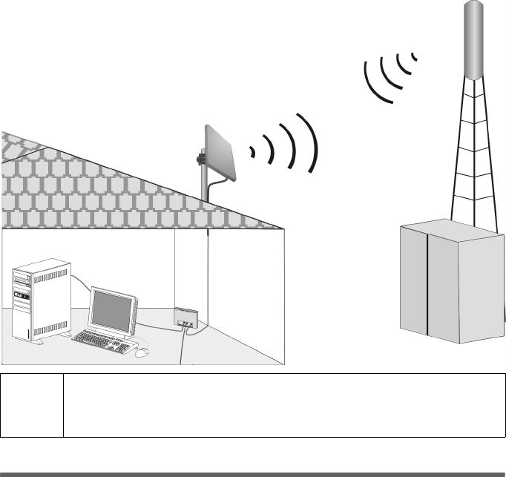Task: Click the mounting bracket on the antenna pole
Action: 200,159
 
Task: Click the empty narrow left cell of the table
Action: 33,405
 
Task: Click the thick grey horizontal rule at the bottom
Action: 253,473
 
